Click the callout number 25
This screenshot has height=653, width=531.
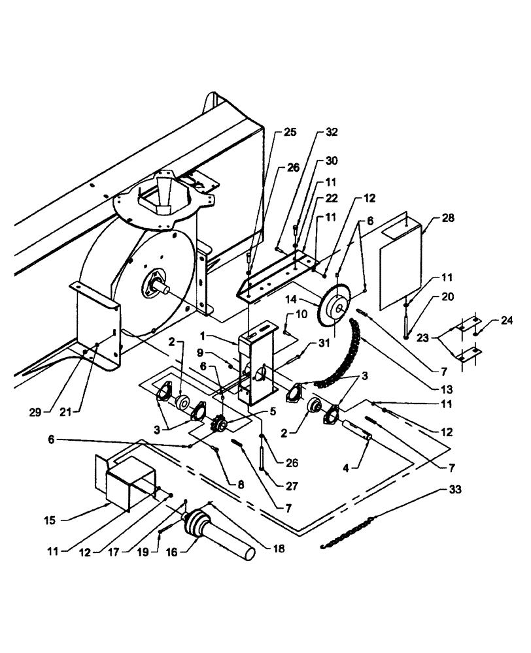(289, 133)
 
